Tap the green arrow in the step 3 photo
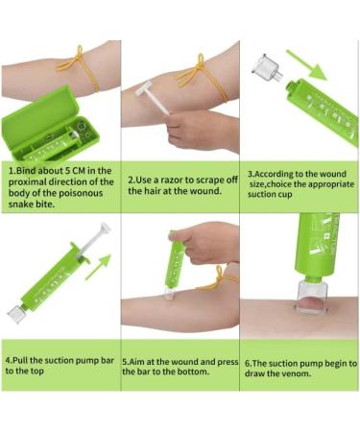point(306,64)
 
